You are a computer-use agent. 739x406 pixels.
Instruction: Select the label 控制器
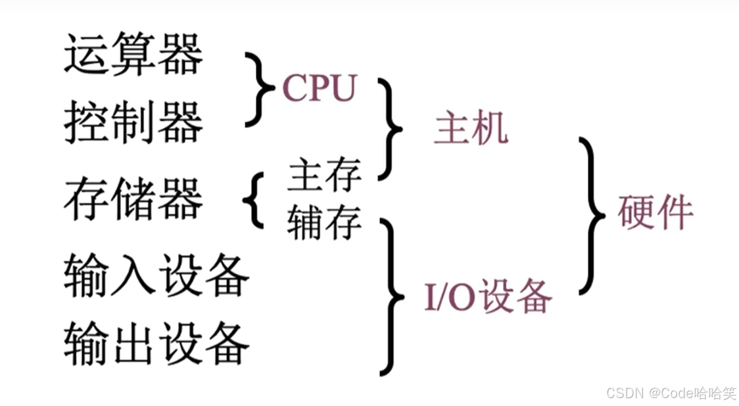click(133, 123)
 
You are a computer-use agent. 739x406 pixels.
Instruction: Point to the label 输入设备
click(156, 276)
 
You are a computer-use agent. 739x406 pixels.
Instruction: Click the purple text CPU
click(319, 87)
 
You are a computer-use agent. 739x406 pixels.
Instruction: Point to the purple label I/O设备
click(488, 298)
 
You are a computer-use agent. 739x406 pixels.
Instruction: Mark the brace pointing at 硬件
click(592, 215)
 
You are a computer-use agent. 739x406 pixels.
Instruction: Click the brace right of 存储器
click(254, 200)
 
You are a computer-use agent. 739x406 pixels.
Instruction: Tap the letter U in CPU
click(343, 88)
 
